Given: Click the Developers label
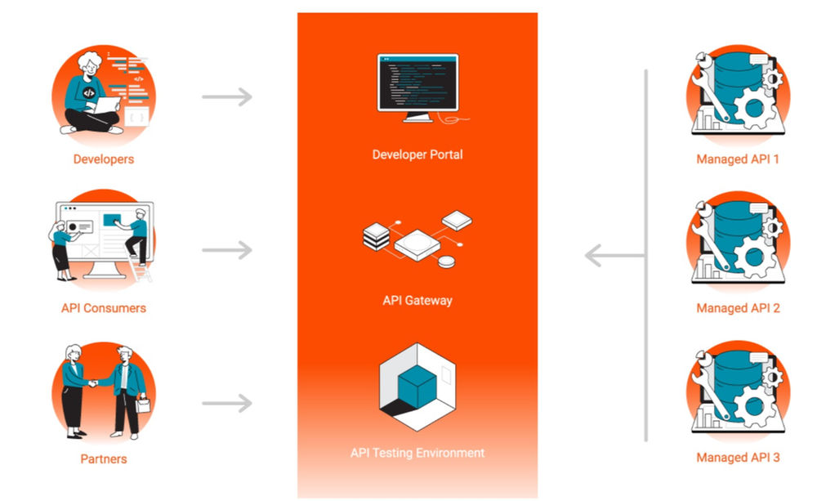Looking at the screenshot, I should click(104, 159).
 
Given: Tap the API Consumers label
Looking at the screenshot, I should click(104, 308).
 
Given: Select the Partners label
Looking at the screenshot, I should click(104, 459).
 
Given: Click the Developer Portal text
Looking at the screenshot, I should click(417, 154).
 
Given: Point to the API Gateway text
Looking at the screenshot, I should click(417, 300).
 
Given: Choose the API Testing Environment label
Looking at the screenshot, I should click(417, 453).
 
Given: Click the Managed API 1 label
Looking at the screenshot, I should click(738, 159).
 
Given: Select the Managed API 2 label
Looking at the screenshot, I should click(738, 308).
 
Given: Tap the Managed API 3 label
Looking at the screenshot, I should click(738, 458).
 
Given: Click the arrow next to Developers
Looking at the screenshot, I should click(227, 98).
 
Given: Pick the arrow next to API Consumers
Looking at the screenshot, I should click(227, 249).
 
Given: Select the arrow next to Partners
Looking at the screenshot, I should click(227, 402).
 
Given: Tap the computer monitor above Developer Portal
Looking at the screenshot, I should click(417, 83).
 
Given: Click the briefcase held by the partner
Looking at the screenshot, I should click(144, 405).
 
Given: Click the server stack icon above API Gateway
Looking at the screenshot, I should click(377, 237).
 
